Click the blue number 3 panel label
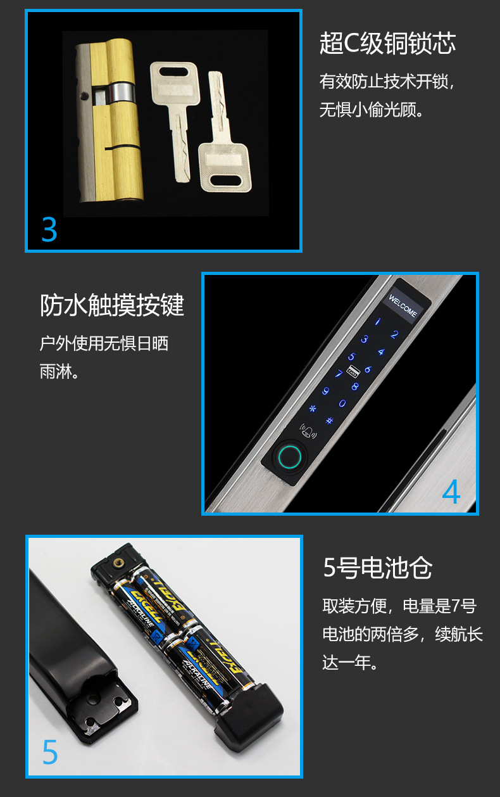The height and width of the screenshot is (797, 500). tap(49, 229)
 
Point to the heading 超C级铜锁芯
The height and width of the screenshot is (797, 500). tap(387, 44)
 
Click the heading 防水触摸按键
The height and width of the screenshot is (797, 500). tap(112, 305)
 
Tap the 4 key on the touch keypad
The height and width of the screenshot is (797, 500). tap(381, 352)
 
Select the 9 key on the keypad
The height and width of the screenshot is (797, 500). tap(327, 392)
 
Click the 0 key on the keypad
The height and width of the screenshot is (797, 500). tap(342, 404)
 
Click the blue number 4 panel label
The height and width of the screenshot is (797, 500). tap(451, 492)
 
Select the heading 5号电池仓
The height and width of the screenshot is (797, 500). tap(378, 568)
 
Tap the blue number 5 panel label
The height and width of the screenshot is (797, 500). tap(49, 752)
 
